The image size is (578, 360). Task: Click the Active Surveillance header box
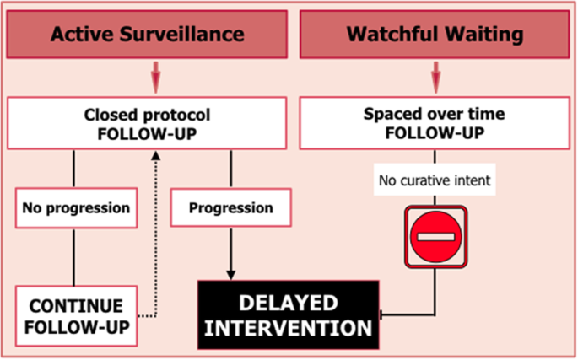[x=147, y=35]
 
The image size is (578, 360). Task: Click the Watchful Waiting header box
[x=434, y=35]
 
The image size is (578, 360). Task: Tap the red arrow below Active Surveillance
[x=155, y=78]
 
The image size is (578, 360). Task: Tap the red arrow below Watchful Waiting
[x=435, y=78]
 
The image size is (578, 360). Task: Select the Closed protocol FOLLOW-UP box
[x=147, y=124]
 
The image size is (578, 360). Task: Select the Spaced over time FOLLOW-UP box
[x=434, y=124]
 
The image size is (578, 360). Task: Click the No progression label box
[x=75, y=207]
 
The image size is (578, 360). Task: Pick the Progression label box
[x=230, y=207]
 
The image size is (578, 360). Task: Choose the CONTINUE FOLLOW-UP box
[x=77, y=315]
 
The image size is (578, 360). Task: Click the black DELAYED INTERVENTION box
[x=288, y=314]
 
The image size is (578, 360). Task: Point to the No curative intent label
[x=434, y=180]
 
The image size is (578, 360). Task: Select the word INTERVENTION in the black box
[x=288, y=326]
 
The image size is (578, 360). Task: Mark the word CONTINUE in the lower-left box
[x=77, y=305]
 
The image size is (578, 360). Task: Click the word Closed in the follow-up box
[x=113, y=115]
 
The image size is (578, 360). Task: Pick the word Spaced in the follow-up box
[x=389, y=115]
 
